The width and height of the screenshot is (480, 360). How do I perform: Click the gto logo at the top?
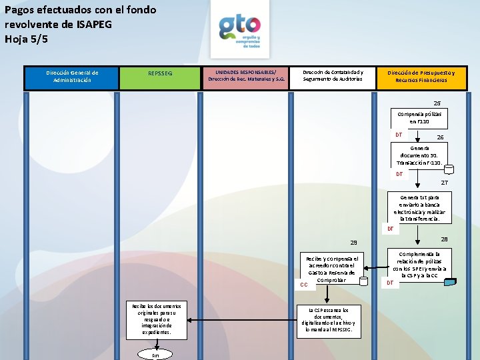click(x=239, y=28)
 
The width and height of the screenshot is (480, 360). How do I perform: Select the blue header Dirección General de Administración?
click(x=72, y=77)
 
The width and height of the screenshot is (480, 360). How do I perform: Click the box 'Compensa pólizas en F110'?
click(x=419, y=118)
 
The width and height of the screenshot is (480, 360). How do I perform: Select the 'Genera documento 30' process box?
click(x=419, y=155)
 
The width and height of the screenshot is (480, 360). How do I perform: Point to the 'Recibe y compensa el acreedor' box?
click(x=331, y=271)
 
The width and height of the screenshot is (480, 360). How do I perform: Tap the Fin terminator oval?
click(x=155, y=355)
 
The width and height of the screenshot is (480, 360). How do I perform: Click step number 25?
click(x=437, y=103)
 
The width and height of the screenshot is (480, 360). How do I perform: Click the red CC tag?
click(x=303, y=285)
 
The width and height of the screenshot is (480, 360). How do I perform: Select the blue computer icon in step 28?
click(x=451, y=281)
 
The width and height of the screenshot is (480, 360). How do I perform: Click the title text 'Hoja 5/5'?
click(x=26, y=39)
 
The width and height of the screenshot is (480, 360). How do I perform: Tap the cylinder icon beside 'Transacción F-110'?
click(x=449, y=169)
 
